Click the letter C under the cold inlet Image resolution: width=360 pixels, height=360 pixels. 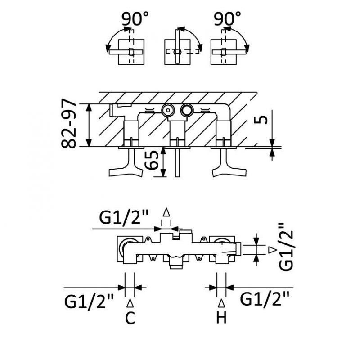point(130,318)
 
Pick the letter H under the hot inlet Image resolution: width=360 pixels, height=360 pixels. point(221,318)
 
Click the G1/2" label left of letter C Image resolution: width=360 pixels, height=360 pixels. point(90,300)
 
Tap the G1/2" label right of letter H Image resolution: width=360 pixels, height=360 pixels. point(265,298)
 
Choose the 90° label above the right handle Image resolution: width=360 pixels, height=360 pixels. point(228,19)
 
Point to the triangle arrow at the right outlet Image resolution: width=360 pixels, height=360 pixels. point(272,249)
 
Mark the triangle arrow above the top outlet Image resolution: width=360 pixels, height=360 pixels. point(166,212)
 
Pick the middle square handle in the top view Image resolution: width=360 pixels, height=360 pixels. point(177,52)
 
